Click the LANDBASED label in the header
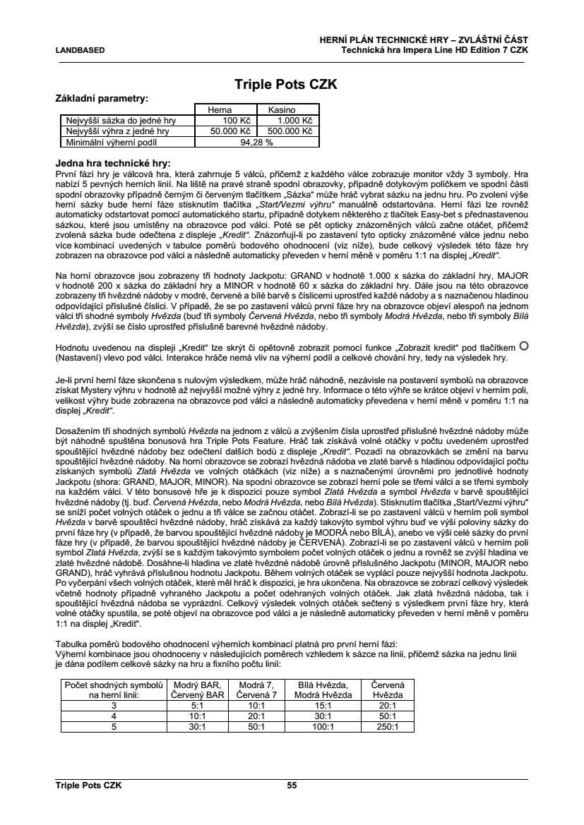80,50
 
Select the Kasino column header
281,110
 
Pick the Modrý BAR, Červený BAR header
198,689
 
